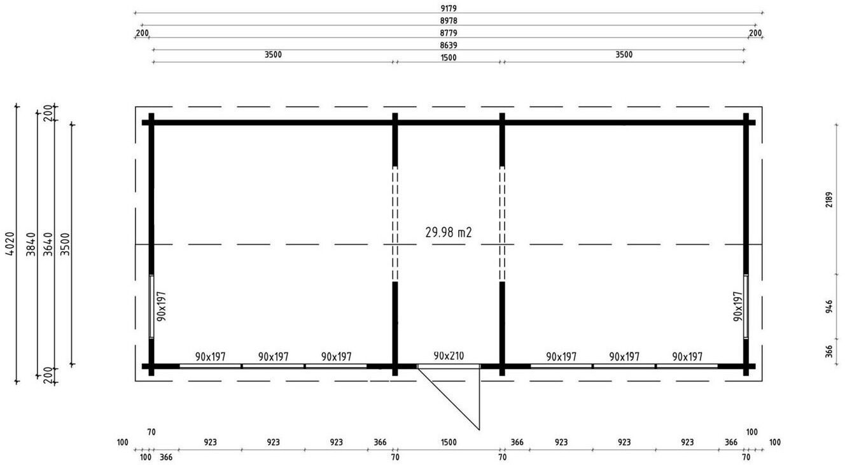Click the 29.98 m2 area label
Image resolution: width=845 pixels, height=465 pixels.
(449, 232)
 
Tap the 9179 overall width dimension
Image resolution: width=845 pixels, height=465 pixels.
(449, 8)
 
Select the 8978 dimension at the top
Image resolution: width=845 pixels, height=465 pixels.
(449, 21)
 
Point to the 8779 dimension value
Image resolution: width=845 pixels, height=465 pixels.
(449, 33)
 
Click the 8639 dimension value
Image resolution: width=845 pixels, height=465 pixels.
(449, 46)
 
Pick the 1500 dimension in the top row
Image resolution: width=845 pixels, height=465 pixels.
(449, 58)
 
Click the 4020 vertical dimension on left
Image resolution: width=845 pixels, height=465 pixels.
(11, 244)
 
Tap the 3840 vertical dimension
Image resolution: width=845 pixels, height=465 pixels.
(31, 244)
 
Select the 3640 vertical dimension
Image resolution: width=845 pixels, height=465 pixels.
(48, 244)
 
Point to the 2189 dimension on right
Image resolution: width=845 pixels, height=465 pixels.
(829, 200)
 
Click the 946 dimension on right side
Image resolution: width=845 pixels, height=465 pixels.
(829, 307)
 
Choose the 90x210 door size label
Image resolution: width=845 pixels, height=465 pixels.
(449, 356)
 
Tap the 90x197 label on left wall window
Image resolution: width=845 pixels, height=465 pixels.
(162, 306)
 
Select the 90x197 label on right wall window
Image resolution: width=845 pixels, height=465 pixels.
(738, 306)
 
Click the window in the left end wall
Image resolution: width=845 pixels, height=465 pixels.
(151, 306)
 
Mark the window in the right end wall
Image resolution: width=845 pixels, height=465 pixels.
(746, 306)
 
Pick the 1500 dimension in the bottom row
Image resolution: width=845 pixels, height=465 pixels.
(449, 442)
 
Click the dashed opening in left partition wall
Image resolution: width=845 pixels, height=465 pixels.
(395, 224)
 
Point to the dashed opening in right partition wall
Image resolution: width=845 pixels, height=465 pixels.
(502, 224)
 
